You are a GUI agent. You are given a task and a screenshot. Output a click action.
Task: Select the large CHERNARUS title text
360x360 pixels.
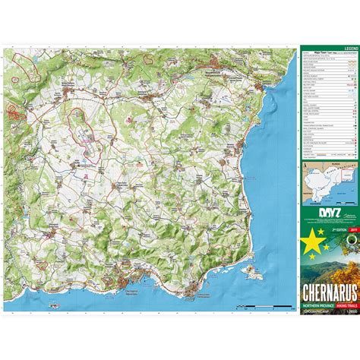[329, 271]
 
